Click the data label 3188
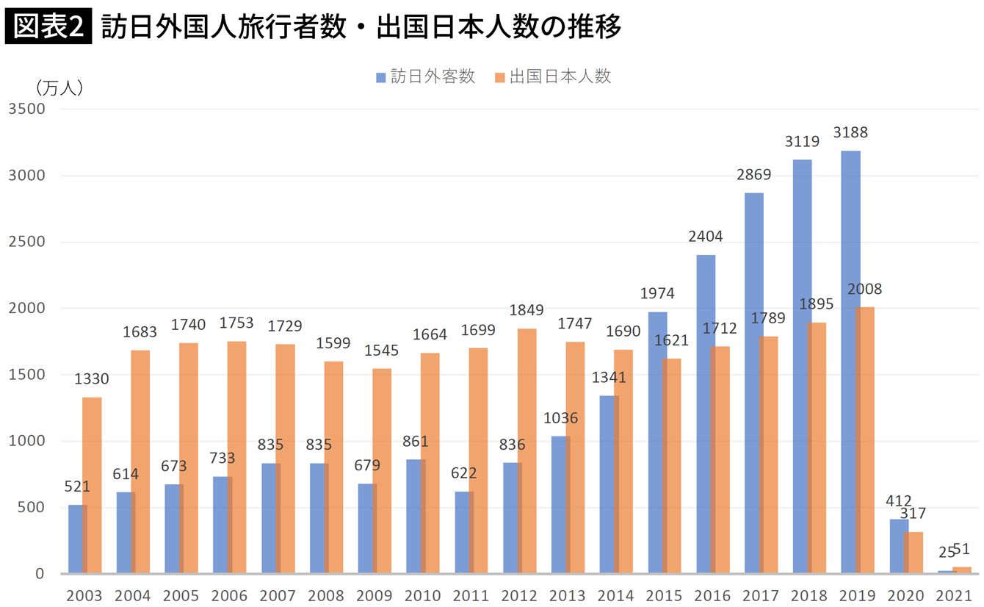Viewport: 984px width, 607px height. (x=850, y=133)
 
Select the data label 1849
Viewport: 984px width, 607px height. (x=527, y=310)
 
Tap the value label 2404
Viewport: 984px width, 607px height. (x=706, y=237)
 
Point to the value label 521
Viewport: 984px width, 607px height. (x=76, y=486)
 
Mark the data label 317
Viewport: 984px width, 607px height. (x=914, y=514)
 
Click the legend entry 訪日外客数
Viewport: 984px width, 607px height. (x=426, y=76)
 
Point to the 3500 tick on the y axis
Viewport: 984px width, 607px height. (x=26, y=109)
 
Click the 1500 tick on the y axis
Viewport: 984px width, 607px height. (x=26, y=375)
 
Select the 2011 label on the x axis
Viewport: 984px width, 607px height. (x=470, y=595)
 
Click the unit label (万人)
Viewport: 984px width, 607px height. (x=59, y=87)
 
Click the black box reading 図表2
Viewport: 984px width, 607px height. (x=48, y=26)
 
